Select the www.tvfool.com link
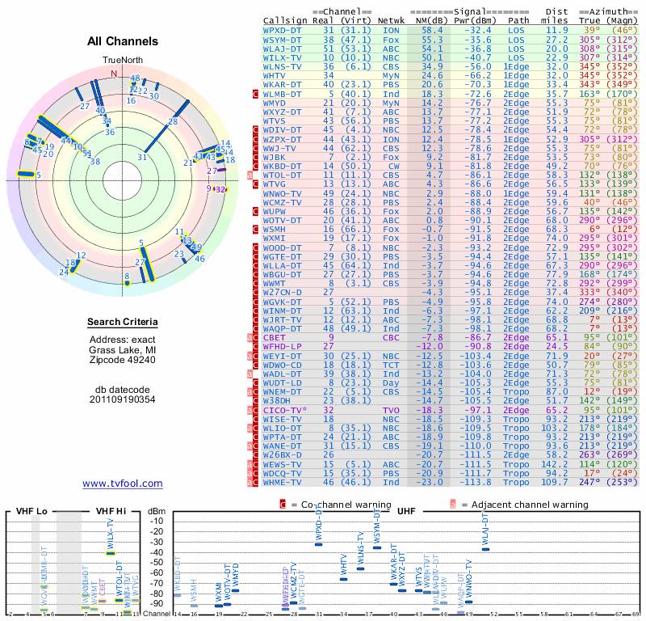123,484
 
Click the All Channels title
123,41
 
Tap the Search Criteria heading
123,323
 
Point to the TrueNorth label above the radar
122,61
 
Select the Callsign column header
285,20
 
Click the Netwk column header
391,20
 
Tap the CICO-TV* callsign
287,411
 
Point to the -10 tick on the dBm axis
156,522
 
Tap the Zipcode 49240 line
123,360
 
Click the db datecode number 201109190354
123,399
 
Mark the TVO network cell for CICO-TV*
391,411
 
